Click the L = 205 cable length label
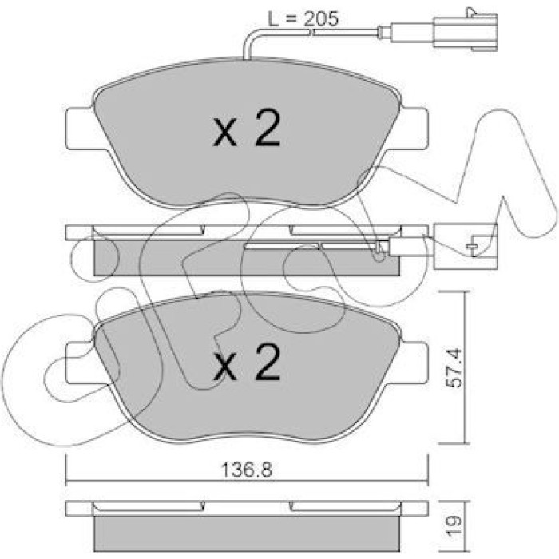(303, 19)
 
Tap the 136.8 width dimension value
(246, 470)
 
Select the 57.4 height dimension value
(454, 368)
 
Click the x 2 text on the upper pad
(247, 129)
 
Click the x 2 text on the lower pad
(247, 362)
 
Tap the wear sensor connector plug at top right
(466, 30)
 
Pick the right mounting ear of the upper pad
(414, 129)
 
